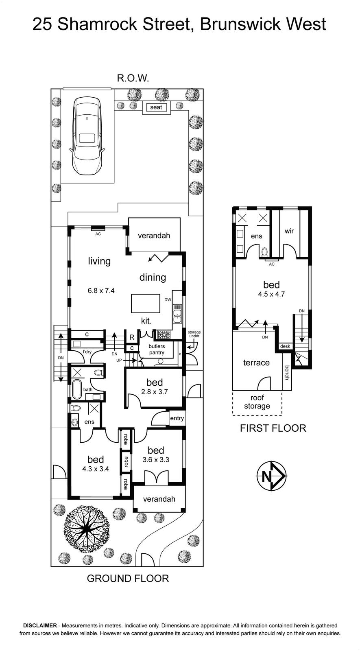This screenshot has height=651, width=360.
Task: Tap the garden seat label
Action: [156, 107]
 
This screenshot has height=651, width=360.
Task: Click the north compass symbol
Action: [271, 476]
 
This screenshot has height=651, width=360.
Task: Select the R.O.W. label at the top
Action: [133, 78]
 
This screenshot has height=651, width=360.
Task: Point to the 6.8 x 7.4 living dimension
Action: [101, 291]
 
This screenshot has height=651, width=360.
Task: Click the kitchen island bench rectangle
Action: [146, 304]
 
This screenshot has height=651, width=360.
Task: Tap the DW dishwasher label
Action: [168, 299]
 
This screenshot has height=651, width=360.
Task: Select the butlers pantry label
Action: [157, 350]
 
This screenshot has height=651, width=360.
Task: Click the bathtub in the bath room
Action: [77, 389]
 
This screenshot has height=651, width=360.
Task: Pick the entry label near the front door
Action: [177, 418]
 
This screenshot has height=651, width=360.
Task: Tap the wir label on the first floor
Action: [289, 231]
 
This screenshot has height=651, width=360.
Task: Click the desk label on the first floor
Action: [285, 346]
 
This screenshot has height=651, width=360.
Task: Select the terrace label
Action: [256, 363]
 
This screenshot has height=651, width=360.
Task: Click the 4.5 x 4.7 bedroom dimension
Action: [271, 294]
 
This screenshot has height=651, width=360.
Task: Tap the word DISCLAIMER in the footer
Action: [40, 625]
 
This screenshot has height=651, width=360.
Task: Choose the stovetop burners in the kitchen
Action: [164, 335]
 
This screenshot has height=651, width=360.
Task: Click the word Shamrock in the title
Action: [97, 24]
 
